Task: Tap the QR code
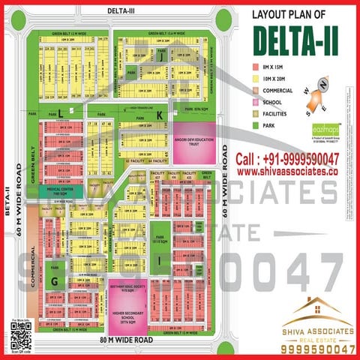tap(22, 335)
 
